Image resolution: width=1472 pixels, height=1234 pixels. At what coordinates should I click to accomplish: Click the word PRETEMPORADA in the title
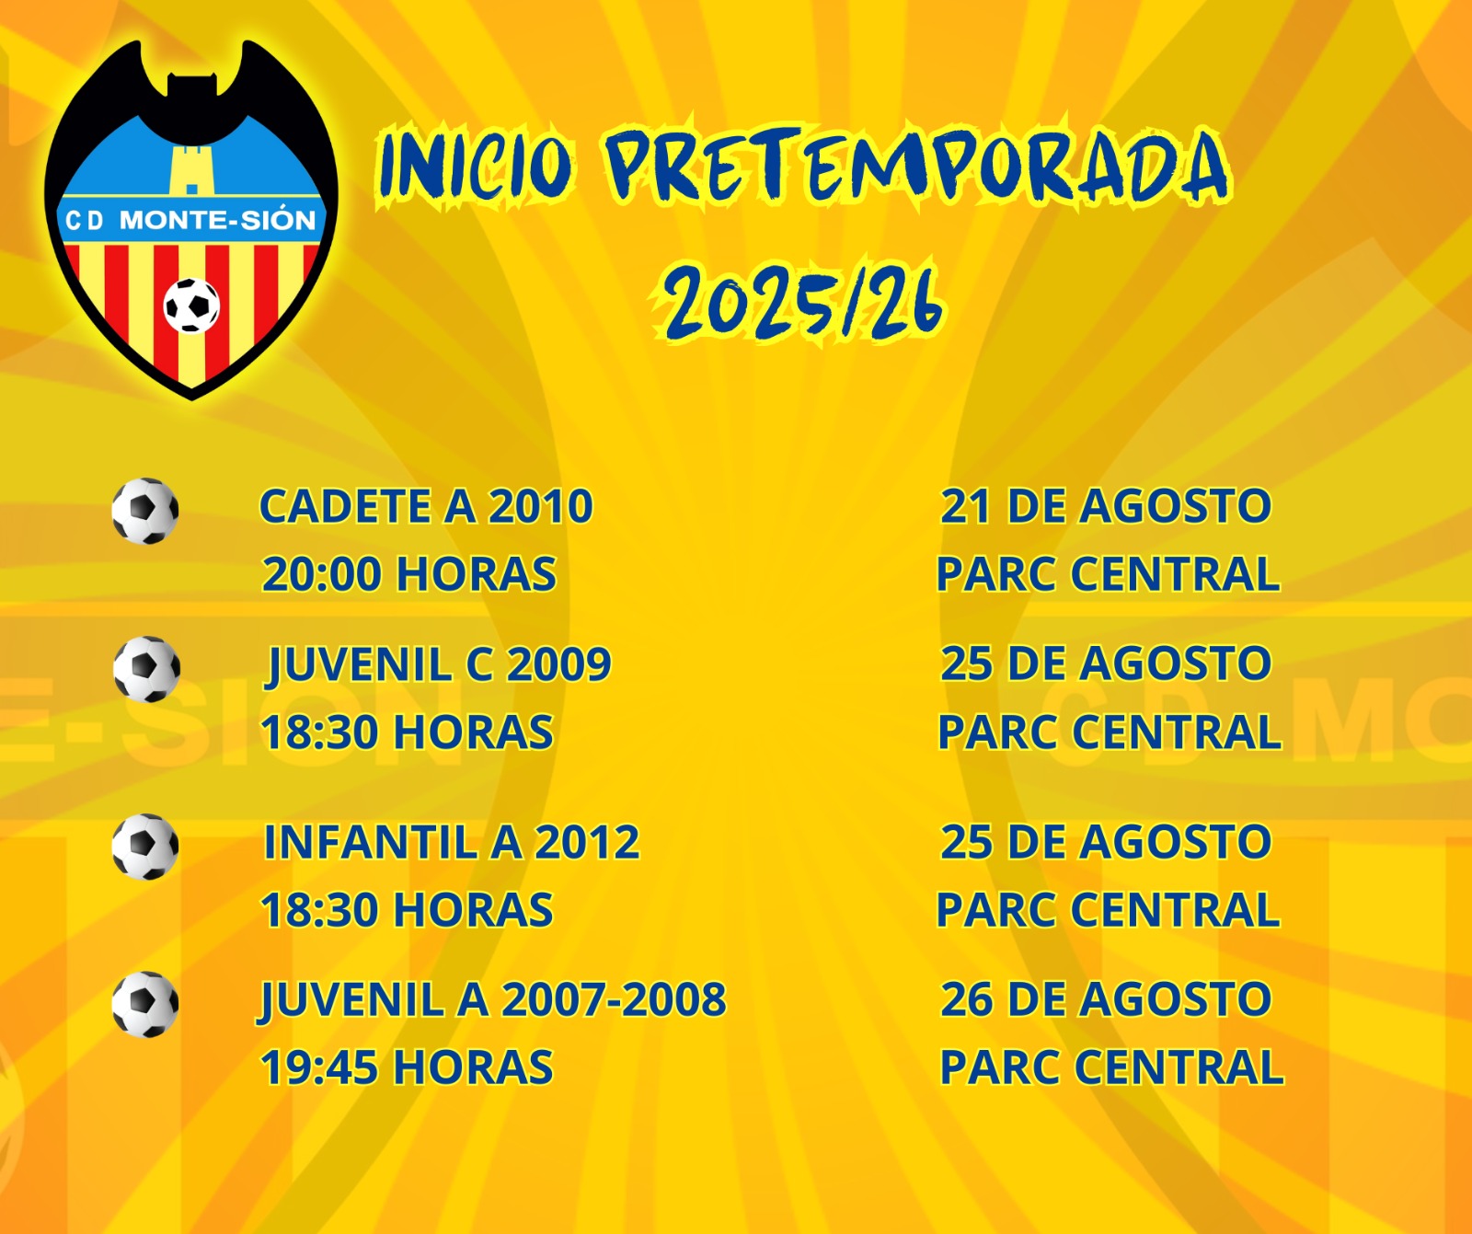point(916,166)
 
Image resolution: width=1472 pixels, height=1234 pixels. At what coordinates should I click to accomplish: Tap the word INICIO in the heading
point(477,166)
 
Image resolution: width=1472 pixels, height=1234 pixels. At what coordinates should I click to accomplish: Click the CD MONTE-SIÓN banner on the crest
point(190,220)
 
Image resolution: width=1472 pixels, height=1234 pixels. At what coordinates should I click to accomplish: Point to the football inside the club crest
point(191,305)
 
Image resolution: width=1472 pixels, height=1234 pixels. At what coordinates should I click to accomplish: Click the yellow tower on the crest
point(191,169)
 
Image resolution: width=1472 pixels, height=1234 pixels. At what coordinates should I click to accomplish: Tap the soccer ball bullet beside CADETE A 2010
point(145,511)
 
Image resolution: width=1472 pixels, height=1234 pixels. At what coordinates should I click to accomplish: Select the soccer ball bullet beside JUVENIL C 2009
point(146,669)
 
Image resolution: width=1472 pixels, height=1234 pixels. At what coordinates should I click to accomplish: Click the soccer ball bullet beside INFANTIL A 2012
point(145,847)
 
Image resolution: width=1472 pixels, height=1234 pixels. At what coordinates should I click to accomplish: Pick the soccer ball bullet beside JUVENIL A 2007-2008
point(145,1004)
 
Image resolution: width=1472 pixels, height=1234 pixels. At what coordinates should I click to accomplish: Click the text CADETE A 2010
point(426,506)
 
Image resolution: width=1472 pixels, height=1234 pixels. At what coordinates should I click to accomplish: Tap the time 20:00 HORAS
point(409,574)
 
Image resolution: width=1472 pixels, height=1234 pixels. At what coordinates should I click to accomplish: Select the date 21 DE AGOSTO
point(1106,506)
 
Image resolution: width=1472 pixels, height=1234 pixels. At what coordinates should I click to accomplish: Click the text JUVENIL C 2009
point(439,665)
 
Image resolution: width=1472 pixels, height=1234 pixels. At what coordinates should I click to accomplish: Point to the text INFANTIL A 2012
point(452,842)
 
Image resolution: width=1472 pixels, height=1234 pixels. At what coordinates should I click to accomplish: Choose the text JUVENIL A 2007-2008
point(493,1000)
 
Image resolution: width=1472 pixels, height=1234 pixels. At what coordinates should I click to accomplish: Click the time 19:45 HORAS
point(408,1067)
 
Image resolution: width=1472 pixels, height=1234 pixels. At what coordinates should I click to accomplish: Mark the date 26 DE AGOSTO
point(1106,999)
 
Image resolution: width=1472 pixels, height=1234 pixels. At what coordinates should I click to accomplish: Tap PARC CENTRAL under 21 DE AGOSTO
point(1109,574)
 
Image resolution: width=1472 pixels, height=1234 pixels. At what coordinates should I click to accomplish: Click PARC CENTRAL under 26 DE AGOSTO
point(1111,1067)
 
